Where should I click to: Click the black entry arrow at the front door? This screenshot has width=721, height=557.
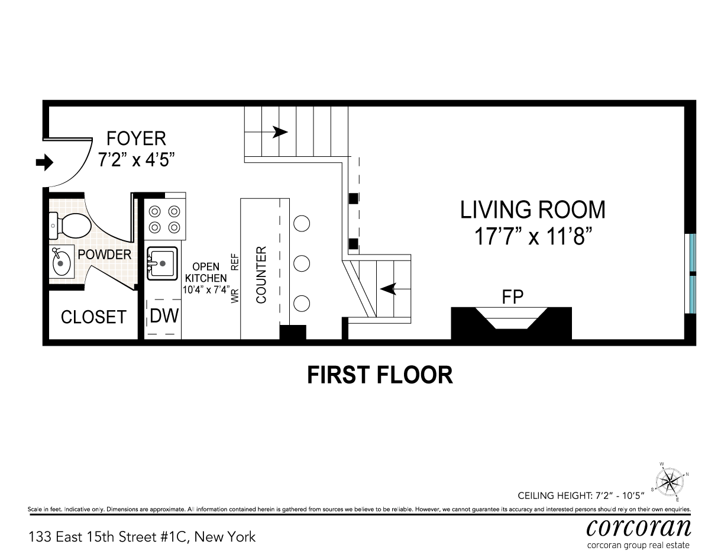tap(44, 163)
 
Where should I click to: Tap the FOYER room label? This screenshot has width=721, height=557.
tap(136, 139)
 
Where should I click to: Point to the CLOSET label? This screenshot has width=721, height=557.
tap(93, 317)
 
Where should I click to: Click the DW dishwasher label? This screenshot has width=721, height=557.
tap(164, 315)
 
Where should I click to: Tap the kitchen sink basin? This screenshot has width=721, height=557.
tap(162, 263)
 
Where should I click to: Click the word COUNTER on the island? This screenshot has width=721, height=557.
tap(261, 275)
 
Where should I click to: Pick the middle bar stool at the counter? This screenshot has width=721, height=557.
tap(302, 263)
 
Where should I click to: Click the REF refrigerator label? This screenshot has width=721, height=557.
tap(235, 262)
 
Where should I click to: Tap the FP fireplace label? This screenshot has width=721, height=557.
tap(512, 297)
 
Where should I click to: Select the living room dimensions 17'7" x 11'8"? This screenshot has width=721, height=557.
tap(533, 236)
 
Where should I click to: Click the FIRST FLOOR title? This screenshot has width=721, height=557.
tap(380, 375)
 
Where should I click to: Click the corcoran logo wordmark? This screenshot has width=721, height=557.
tap(639, 528)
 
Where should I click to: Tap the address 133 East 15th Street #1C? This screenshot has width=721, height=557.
tap(109, 537)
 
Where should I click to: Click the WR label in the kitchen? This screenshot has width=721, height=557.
tap(235, 295)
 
